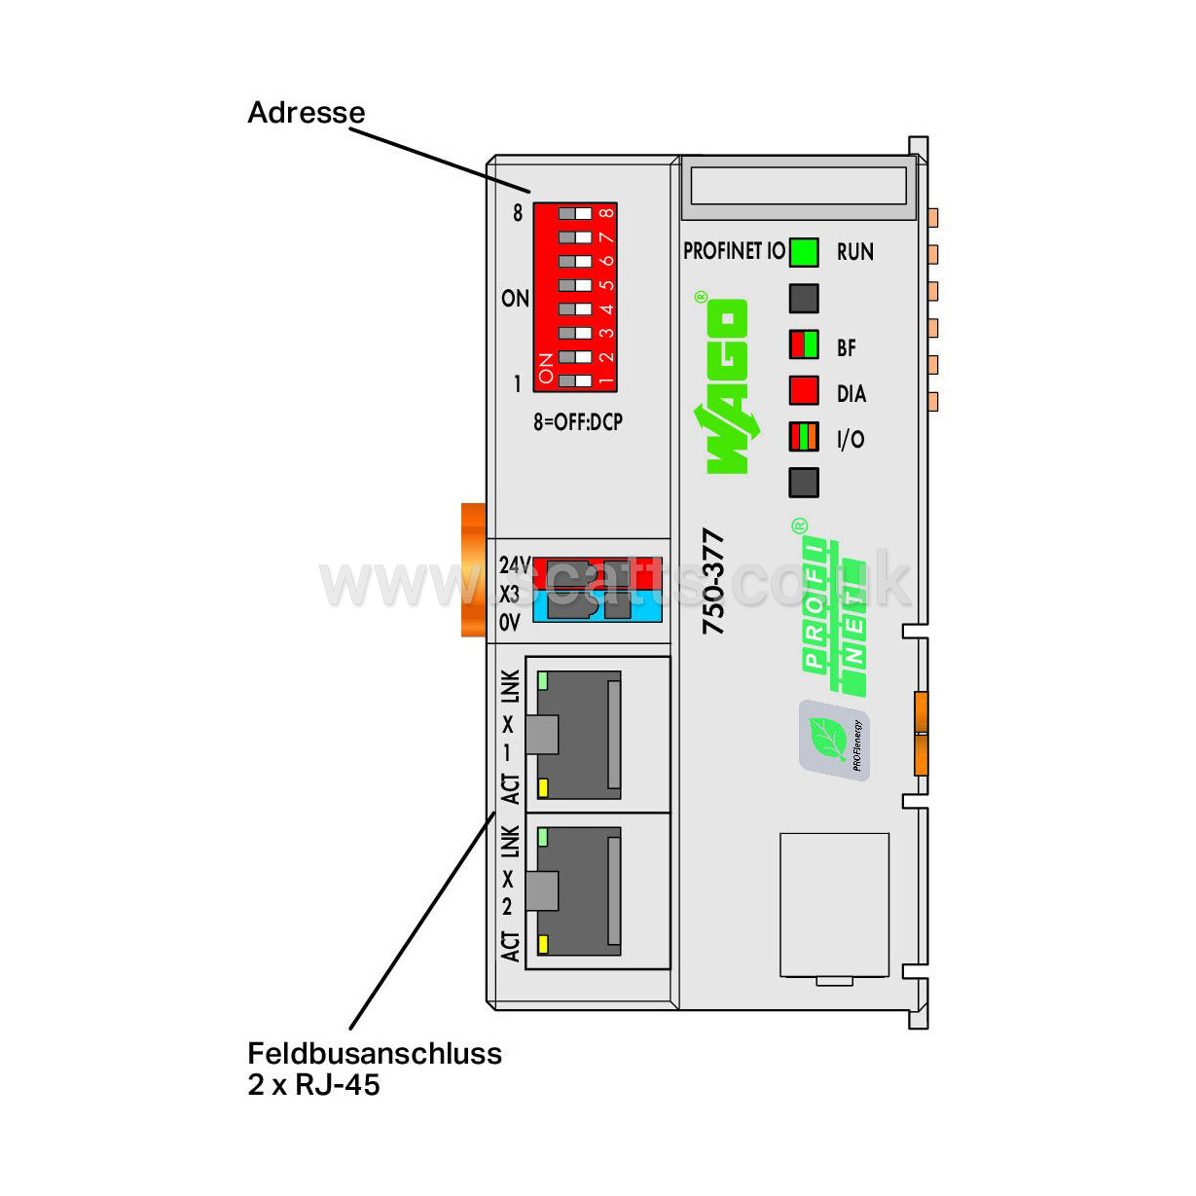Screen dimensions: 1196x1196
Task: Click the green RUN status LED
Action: tap(804, 252)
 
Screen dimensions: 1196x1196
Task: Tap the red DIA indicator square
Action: tap(804, 390)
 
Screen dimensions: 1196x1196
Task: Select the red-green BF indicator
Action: tap(804, 344)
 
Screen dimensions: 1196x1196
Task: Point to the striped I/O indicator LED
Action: tap(804, 436)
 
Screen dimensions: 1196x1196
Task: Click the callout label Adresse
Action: tap(307, 113)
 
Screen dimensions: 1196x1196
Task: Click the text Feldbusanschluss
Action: tap(375, 1053)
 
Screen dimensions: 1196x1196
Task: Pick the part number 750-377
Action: tap(713, 581)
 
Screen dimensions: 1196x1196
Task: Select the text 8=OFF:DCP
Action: tap(577, 422)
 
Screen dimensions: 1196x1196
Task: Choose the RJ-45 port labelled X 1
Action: tap(580, 735)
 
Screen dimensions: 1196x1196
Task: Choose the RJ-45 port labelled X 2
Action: tap(580, 890)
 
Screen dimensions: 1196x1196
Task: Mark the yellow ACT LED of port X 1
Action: tap(543, 788)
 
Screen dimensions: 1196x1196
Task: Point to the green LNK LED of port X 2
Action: tap(543, 836)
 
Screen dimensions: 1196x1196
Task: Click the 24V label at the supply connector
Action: tap(514, 564)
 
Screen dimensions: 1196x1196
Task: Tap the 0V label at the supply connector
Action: tap(510, 623)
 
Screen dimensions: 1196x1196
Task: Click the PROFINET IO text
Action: tap(734, 252)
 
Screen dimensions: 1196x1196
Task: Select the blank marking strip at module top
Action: tap(798, 185)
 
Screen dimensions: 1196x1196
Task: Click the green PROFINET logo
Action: tap(832, 613)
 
